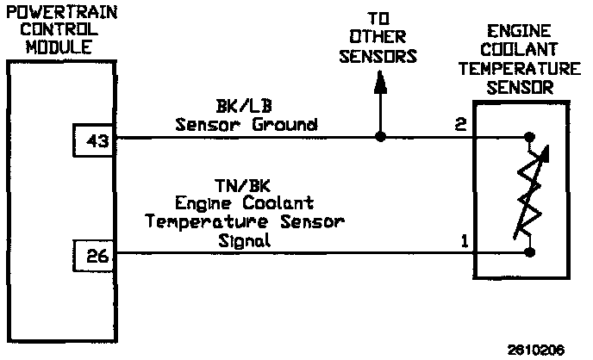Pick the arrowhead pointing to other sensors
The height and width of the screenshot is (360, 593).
379,83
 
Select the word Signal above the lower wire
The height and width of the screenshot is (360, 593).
245,241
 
